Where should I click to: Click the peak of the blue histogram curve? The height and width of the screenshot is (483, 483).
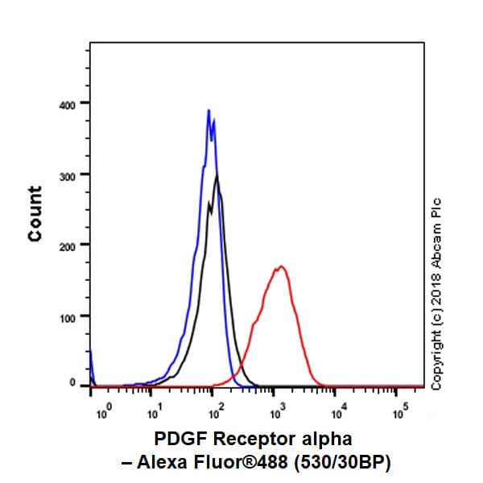coord(208,110)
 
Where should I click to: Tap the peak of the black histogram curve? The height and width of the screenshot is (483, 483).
coord(217,177)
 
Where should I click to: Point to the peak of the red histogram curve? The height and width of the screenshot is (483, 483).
coord(280,266)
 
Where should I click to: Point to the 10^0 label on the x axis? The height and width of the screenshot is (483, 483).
coord(102,414)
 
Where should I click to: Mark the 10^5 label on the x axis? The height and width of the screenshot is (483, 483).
coord(400,414)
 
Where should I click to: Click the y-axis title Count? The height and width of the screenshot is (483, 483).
coord(34,213)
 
